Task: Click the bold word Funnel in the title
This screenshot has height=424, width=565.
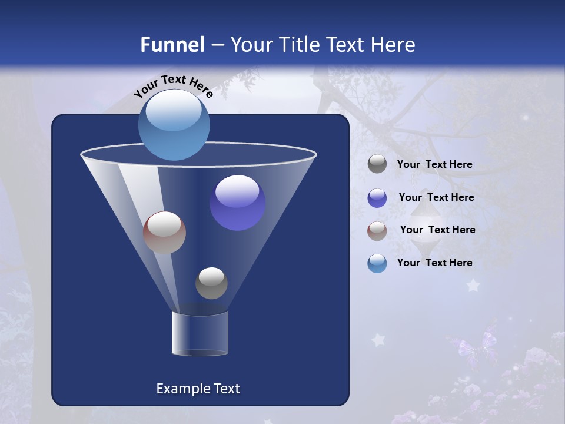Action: (172, 45)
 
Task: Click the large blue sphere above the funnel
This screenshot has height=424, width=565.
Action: (174, 125)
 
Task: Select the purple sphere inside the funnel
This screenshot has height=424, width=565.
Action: (238, 203)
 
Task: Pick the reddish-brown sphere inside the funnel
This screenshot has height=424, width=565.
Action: (164, 233)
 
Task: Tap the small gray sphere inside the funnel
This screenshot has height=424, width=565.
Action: (211, 283)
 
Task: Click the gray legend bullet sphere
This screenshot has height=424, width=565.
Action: (377, 164)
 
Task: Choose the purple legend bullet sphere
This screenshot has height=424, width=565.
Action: (377, 198)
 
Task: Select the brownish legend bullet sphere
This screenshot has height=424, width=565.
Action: (377, 231)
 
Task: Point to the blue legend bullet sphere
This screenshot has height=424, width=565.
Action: (377, 263)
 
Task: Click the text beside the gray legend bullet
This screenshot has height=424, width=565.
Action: (434, 164)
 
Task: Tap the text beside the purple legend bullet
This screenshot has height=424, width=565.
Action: (436, 197)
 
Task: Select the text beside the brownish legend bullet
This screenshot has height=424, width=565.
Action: (437, 230)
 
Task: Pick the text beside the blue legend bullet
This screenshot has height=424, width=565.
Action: (434, 263)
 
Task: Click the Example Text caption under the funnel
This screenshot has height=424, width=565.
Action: (198, 389)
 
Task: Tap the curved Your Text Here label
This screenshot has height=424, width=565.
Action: (173, 85)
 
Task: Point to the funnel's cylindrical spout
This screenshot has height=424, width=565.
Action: (200, 333)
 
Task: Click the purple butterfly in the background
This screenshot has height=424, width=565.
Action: (474, 347)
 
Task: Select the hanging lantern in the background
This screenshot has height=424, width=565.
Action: (424, 227)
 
